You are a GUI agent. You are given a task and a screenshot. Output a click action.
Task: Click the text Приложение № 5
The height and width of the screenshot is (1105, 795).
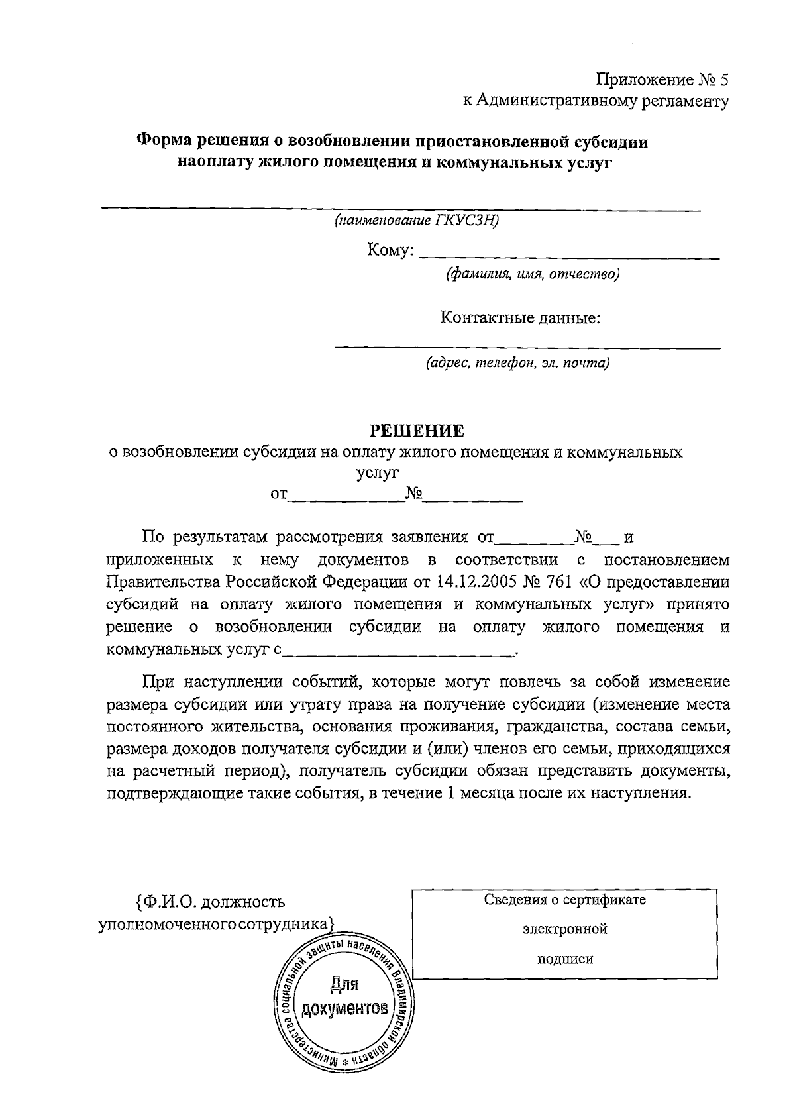pos(662,80)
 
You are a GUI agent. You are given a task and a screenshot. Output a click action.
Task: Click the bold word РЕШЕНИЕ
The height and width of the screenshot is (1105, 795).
pos(417,431)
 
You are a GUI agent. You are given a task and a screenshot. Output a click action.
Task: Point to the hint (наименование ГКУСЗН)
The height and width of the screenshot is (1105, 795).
pos(416,221)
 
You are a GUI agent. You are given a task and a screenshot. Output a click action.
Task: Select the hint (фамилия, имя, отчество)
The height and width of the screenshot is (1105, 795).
pos(533,274)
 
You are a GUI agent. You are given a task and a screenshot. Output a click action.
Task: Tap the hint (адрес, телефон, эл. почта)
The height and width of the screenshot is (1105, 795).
pos(517,363)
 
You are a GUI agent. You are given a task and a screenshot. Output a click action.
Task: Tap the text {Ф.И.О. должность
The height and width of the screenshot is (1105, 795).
pos(209,902)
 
